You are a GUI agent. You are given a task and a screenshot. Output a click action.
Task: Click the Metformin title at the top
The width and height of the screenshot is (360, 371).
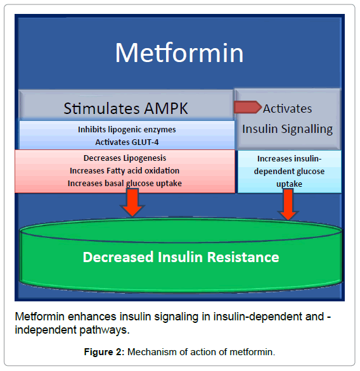point(179,53)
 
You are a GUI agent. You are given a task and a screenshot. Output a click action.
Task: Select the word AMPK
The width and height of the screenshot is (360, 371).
point(166,109)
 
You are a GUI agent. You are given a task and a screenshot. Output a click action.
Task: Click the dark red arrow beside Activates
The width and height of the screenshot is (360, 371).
point(247,107)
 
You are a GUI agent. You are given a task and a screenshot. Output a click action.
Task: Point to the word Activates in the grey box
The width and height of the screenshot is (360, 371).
point(287,109)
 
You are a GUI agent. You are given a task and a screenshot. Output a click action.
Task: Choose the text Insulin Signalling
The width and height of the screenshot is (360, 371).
point(287,129)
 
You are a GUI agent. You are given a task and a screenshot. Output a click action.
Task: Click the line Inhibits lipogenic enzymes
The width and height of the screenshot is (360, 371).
point(127,130)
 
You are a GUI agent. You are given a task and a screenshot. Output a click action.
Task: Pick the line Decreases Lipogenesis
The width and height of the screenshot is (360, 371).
point(125,158)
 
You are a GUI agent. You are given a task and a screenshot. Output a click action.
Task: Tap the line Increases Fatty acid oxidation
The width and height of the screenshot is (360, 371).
point(125,170)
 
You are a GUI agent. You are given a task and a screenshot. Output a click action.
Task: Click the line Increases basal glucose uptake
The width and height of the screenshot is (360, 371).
point(125,184)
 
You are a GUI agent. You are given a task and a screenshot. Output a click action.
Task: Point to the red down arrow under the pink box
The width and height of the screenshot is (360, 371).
point(132,203)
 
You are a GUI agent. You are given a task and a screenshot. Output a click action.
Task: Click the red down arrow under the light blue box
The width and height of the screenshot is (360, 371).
point(288,204)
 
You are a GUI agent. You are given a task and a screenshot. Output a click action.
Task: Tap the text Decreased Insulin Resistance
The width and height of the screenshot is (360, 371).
point(181,257)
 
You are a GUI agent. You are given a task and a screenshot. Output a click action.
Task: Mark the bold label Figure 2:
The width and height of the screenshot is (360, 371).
point(104,352)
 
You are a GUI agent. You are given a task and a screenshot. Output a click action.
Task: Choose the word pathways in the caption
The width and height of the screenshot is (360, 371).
point(105,330)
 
